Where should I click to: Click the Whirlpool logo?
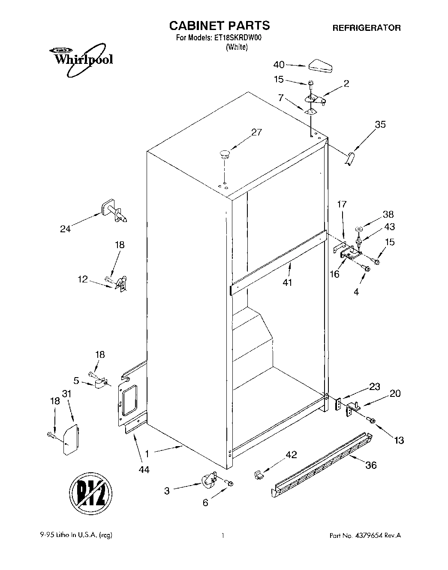coord(80,57)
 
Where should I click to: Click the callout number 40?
coord(279,65)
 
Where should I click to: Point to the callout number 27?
coord(256,132)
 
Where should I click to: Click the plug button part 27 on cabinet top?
coord(225,153)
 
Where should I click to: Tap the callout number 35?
coord(380,124)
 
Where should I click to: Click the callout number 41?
coord(287,282)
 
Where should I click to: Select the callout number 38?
coord(388,214)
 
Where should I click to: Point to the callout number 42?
coord(291,455)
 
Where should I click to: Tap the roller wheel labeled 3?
coord(209,480)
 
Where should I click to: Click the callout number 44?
coord(144,470)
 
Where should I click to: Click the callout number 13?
coord(398,440)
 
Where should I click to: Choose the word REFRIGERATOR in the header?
coord(367,28)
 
